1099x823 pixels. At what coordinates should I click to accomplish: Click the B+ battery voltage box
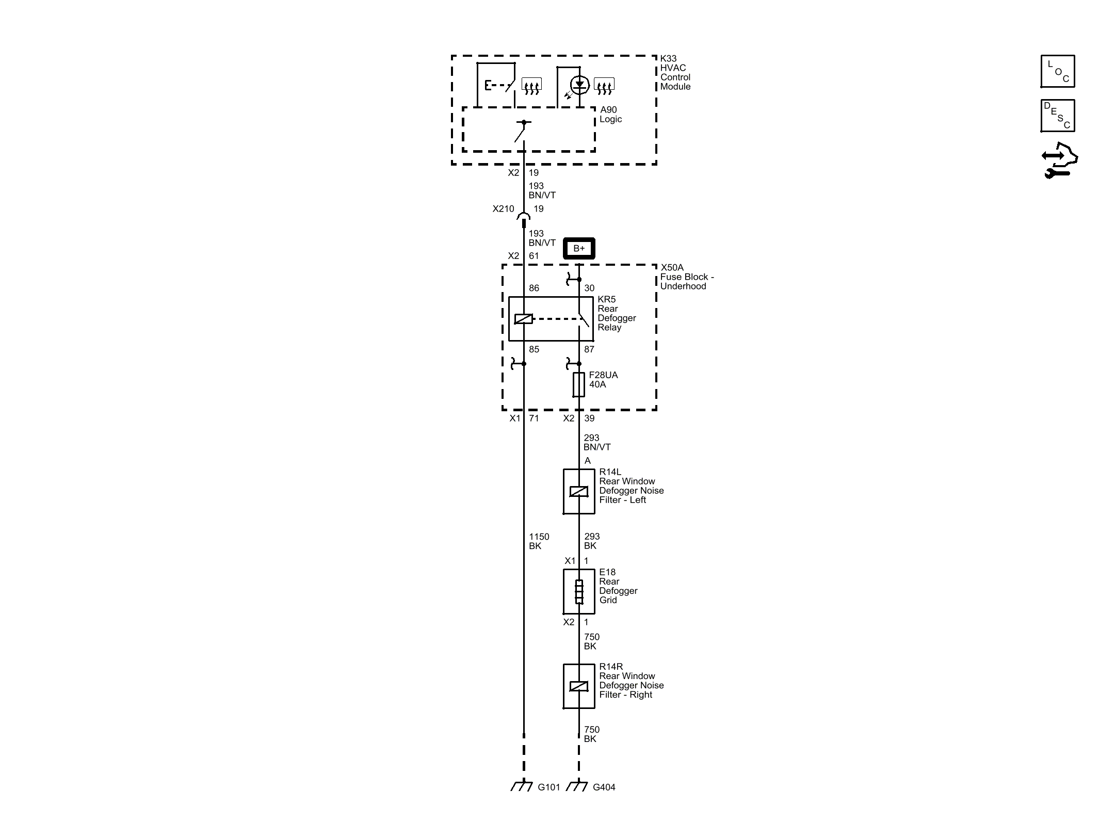point(579,248)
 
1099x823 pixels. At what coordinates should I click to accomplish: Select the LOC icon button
point(1058,71)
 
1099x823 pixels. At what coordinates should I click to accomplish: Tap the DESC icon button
point(1058,116)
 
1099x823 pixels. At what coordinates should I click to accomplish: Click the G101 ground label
point(548,787)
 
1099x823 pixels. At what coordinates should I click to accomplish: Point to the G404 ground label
point(604,787)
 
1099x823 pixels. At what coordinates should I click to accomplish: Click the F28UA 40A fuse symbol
point(579,384)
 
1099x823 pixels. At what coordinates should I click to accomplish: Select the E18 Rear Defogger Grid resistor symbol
point(579,592)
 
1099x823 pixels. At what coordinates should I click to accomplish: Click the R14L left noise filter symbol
point(579,491)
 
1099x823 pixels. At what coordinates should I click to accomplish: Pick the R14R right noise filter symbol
point(579,686)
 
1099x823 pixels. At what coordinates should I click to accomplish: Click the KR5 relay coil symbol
point(524,319)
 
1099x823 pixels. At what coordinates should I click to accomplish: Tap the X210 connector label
point(503,209)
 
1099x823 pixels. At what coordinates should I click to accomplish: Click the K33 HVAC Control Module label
point(675,73)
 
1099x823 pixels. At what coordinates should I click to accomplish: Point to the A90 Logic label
point(611,115)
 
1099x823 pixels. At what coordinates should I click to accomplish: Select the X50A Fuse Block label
point(687,277)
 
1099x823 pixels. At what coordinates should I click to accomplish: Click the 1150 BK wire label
point(539,541)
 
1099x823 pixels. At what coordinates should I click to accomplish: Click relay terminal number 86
point(534,288)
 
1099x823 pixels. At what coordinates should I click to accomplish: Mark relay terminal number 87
point(589,349)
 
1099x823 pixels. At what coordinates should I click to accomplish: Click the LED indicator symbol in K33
point(579,85)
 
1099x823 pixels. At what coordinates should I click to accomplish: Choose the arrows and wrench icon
point(1059,160)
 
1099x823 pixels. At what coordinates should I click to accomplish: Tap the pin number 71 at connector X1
point(534,418)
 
